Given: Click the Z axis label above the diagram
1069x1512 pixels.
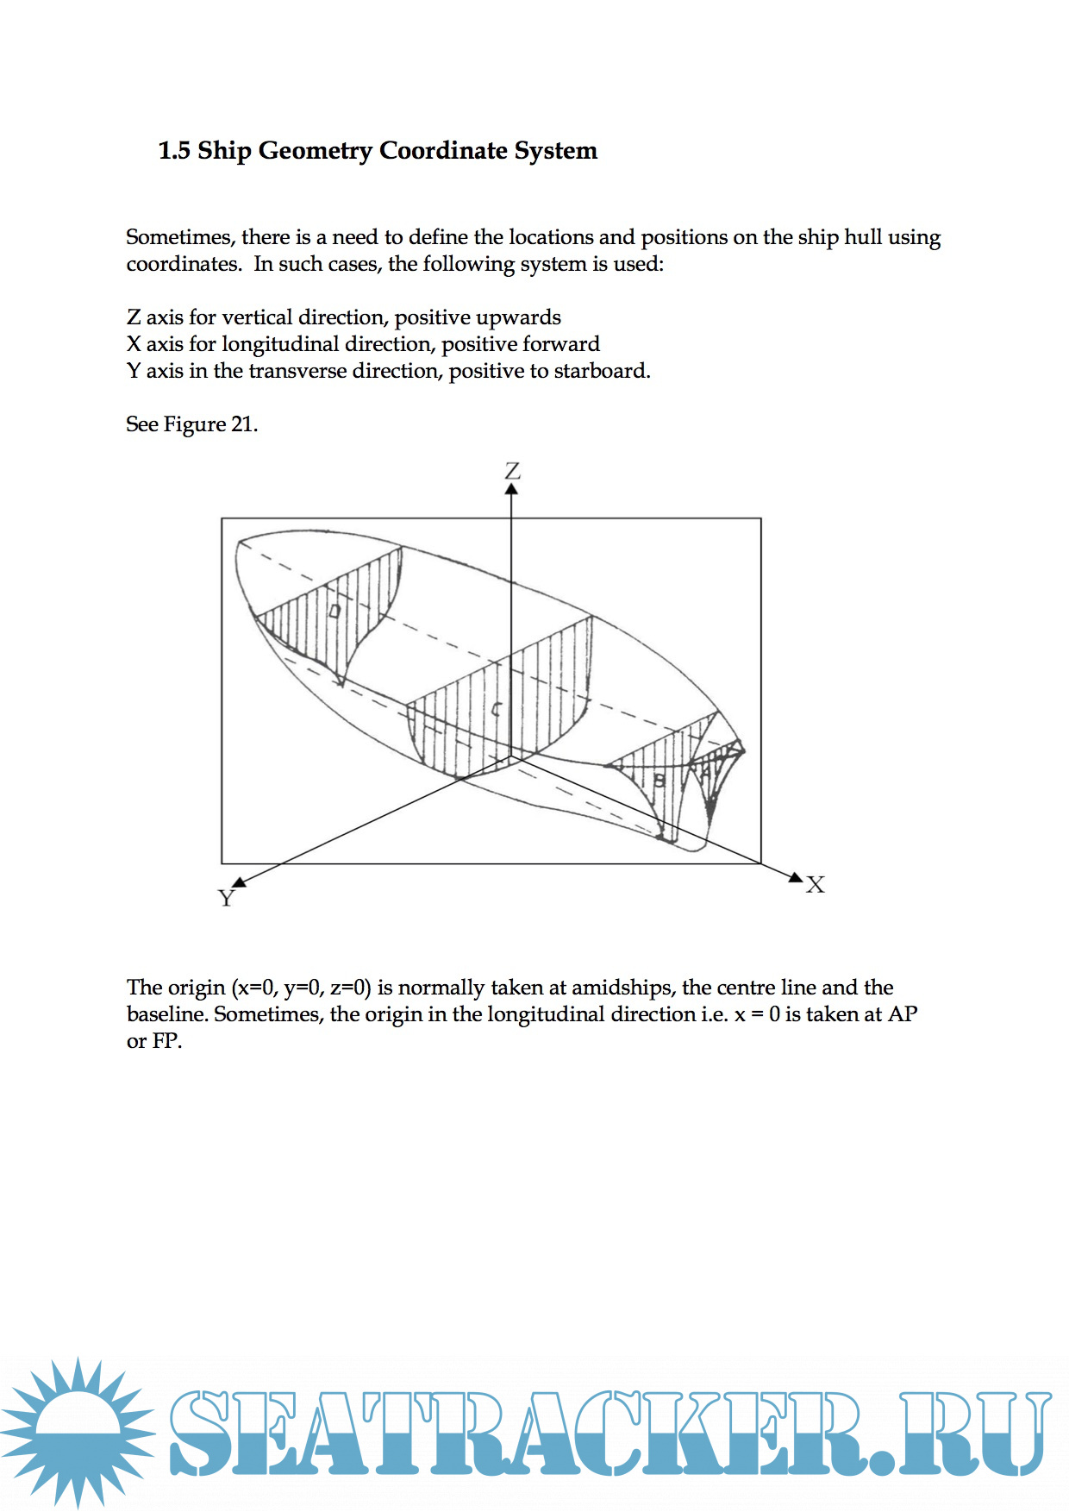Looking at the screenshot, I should (512, 471).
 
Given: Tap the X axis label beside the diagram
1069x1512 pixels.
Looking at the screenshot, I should (815, 885).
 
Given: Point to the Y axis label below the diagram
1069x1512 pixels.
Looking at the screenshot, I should (226, 899).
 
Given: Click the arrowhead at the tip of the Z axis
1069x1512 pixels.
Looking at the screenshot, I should (511, 489).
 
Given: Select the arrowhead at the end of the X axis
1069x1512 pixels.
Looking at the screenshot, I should (796, 876).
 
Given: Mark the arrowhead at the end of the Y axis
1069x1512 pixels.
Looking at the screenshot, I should (240, 881).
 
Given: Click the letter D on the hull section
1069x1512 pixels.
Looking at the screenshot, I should (334, 611).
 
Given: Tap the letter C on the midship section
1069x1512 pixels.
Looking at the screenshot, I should (496, 710).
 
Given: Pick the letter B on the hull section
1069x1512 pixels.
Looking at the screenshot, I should (660, 781).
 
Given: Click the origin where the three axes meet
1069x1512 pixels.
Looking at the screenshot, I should (511, 757).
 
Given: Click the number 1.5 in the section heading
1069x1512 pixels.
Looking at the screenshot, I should (174, 151).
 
